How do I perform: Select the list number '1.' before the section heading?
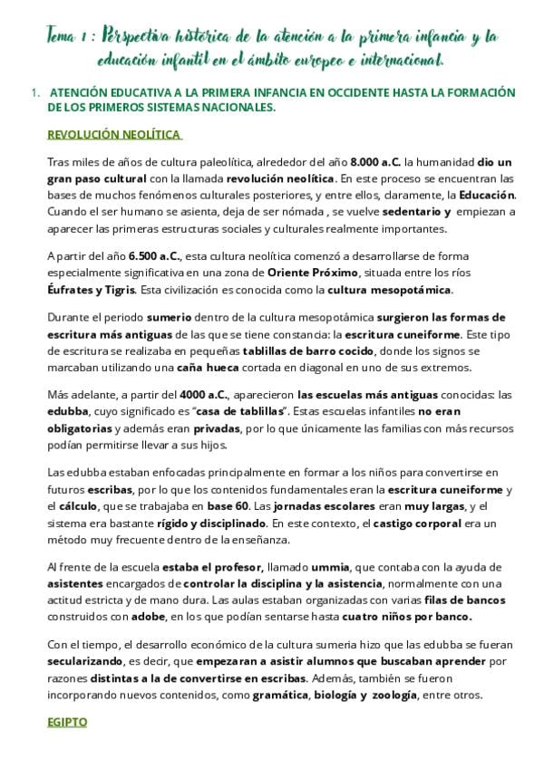35,92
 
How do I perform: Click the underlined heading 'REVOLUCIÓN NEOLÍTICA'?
114,135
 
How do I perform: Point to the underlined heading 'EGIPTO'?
67,724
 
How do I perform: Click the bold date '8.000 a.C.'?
376,161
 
